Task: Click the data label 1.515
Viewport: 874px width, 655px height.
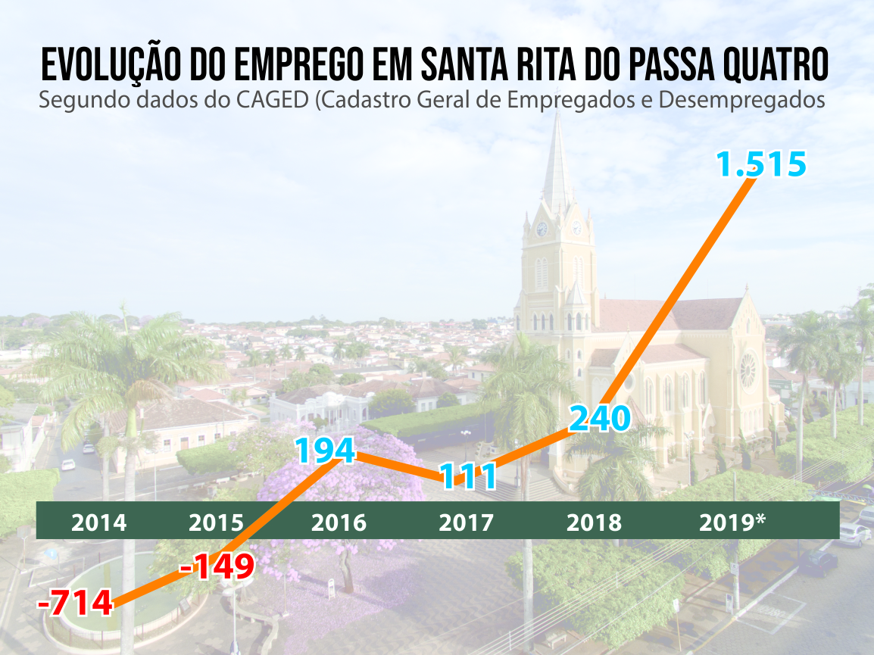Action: click(761, 164)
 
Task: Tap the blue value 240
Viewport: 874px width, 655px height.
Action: click(599, 418)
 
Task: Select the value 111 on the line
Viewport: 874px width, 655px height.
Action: click(468, 476)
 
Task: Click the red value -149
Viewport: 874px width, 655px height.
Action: click(217, 566)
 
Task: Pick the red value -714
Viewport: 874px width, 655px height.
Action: click(76, 604)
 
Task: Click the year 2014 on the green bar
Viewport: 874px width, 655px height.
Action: click(98, 522)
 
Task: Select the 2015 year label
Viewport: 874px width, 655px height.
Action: click(217, 522)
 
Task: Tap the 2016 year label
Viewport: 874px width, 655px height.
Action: click(339, 522)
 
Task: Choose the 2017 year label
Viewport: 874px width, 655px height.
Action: click(466, 522)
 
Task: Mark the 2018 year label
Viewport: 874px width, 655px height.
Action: click(594, 522)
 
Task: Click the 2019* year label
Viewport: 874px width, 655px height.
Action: click(732, 522)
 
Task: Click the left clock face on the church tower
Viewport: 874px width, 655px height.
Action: click(542, 229)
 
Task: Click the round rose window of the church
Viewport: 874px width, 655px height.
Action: click(748, 370)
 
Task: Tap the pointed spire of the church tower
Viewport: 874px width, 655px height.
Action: click(558, 163)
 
